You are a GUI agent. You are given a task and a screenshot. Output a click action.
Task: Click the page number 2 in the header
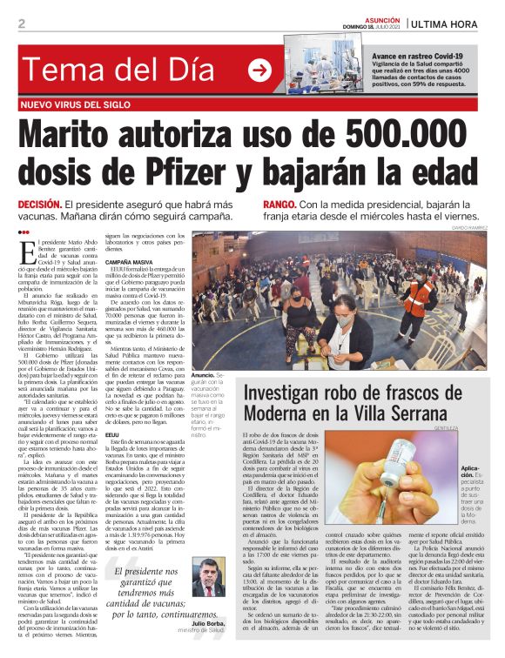coord(22,23)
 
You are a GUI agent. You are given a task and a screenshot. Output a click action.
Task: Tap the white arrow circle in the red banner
coord(259,70)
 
